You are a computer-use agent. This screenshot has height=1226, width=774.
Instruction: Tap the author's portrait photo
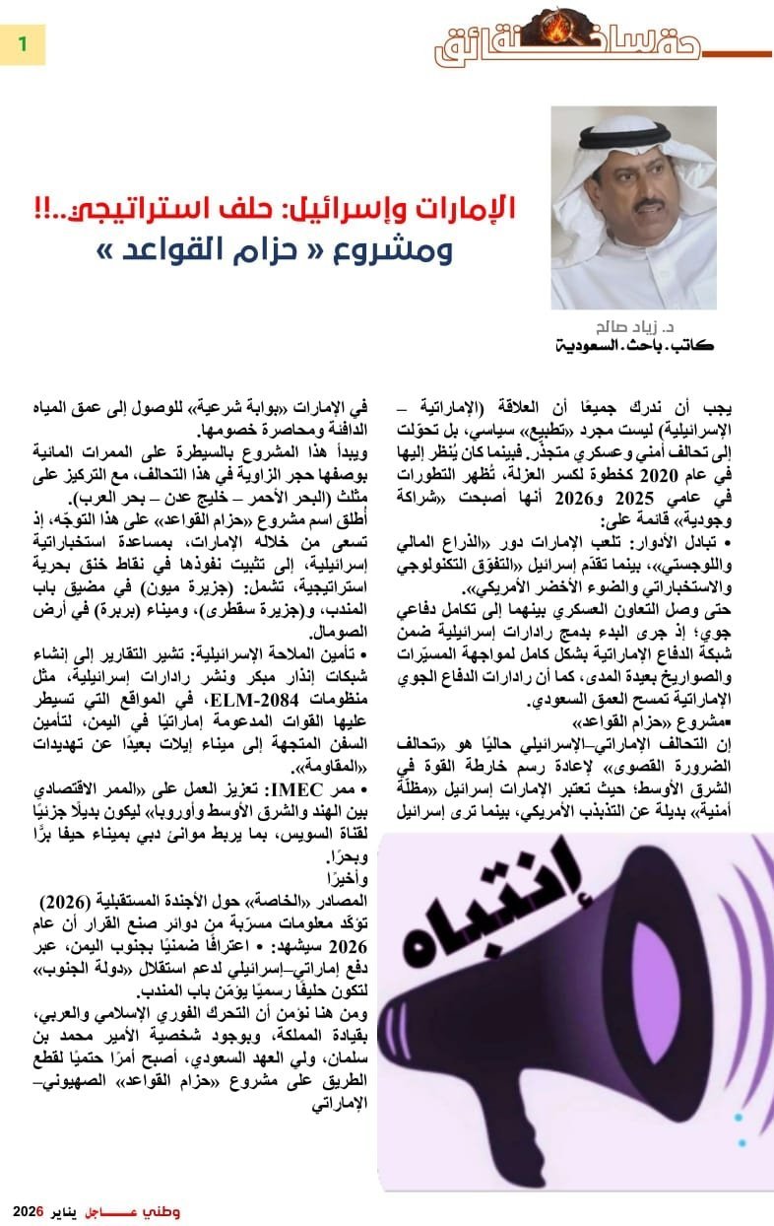[633, 208]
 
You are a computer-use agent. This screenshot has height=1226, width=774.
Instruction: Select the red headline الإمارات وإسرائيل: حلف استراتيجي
[365, 209]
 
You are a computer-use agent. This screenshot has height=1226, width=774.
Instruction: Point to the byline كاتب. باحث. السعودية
[634, 347]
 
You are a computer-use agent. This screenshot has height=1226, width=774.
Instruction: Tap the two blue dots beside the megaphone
[740, 1129]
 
